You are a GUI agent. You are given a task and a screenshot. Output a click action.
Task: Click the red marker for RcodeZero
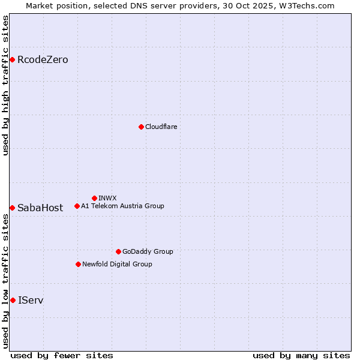[x=12, y=59]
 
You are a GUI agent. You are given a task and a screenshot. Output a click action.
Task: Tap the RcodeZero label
[x=43, y=59]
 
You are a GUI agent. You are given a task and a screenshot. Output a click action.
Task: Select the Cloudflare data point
[x=141, y=127]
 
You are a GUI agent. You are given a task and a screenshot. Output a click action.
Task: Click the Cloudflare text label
[x=161, y=127]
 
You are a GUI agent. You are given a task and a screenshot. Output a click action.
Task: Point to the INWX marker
[x=94, y=198]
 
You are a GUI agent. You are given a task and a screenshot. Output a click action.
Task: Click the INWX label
[x=107, y=198]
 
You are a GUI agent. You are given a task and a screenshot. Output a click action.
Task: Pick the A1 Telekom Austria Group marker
[x=77, y=206]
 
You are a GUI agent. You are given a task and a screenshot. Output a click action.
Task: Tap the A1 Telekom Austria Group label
[x=122, y=206]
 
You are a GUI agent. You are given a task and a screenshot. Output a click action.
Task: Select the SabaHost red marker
[x=12, y=208]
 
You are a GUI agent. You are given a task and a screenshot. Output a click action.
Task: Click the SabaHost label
[x=40, y=208]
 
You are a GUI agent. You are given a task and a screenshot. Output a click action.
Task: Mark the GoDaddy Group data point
[x=118, y=251]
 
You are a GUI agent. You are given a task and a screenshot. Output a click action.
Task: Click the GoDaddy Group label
[x=148, y=251]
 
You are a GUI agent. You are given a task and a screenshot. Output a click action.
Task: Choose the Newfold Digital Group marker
[x=78, y=264]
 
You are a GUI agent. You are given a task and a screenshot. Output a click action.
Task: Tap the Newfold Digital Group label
[x=117, y=264]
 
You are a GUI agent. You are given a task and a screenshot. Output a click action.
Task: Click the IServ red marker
[x=13, y=300]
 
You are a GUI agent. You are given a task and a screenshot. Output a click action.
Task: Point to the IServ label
[x=31, y=300]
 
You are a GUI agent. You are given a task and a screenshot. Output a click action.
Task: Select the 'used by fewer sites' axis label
[x=62, y=355]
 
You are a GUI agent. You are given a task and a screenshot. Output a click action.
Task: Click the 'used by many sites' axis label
[x=301, y=355]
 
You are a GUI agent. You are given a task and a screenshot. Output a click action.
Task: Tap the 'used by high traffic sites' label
[x=5, y=85]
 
